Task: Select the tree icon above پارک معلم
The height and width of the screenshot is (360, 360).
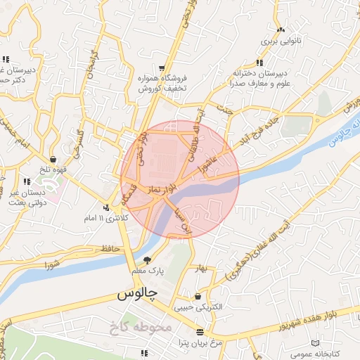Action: tap(146, 260)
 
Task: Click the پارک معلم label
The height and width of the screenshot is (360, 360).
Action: tap(146, 271)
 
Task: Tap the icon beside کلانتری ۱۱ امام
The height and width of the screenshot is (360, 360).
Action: tap(106, 207)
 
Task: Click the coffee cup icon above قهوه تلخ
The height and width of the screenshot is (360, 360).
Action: tap(53, 160)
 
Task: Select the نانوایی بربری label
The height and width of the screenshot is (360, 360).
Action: tap(281, 41)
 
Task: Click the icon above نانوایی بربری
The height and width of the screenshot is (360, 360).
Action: tap(281, 30)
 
